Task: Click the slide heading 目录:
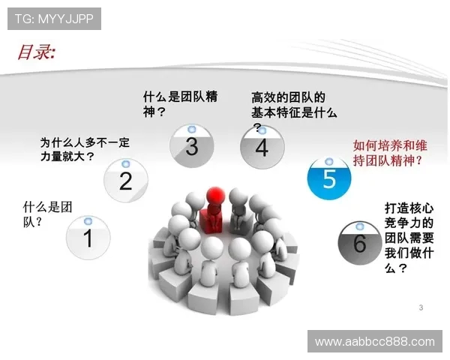pos(37,52)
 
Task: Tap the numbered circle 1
pos(88,238)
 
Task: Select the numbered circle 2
pos(126,180)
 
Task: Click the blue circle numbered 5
pos(330,178)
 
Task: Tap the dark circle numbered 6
pos(359,243)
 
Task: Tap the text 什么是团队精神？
pos(180,104)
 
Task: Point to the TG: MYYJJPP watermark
pos(54,19)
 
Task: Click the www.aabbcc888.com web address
pos(374,341)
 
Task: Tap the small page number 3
pos(421,307)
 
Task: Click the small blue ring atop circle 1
pos(88,220)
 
